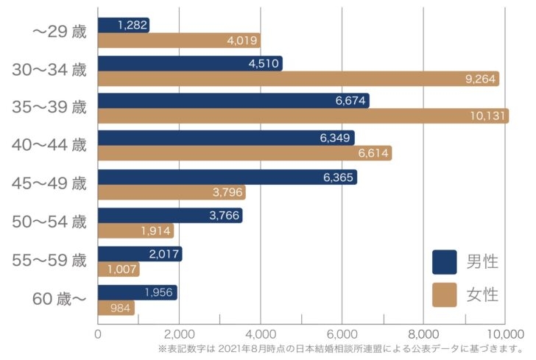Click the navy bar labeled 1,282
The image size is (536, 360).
[x=123, y=25]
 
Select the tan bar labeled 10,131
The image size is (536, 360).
[x=303, y=116]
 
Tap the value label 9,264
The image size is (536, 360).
[x=482, y=79]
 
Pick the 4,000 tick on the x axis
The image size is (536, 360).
[x=261, y=332]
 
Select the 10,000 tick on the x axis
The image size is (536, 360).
[x=504, y=332]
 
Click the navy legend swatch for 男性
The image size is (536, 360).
[x=444, y=261]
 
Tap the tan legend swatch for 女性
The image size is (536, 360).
[x=444, y=294]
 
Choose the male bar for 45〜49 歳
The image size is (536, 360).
[x=227, y=177]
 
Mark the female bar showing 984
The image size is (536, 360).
[x=116, y=307]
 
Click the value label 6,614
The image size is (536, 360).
[x=372, y=153]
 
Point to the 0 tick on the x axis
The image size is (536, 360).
[x=98, y=332]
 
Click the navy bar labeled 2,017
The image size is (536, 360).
[x=139, y=254]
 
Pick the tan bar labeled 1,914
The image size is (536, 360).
[x=135, y=230]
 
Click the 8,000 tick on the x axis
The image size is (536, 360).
[x=423, y=332]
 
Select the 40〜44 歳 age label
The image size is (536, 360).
[x=49, y=146]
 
